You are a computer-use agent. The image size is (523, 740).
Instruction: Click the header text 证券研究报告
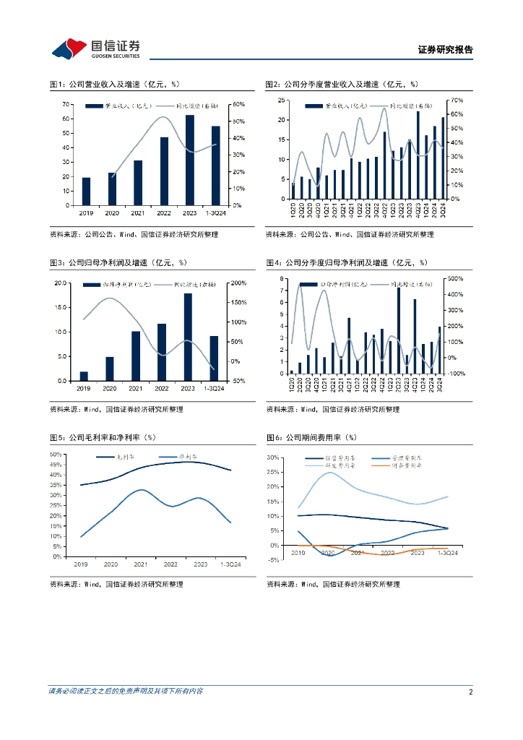coord(445,50)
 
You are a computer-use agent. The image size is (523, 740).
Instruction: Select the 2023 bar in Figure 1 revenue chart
coord(190,160)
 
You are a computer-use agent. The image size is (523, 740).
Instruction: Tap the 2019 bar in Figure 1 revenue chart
coord(86,192)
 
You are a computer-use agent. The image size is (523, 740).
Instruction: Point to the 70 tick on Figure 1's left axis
coord(66,104)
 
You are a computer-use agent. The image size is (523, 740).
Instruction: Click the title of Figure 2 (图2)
coord(342,85)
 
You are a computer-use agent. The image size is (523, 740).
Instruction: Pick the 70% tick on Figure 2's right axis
coord(456,99)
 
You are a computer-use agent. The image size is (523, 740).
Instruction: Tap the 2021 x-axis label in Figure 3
coord(136,389)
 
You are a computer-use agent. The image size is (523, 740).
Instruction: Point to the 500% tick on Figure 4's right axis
coord(455,278)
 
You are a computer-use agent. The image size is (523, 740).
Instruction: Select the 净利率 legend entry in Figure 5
coord(189,457)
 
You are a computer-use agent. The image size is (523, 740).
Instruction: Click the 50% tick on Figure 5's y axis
coord(56,454)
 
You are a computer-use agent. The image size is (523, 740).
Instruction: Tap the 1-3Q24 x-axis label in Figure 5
coord(230,564)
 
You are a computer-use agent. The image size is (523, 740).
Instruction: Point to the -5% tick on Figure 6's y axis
coord(273,560)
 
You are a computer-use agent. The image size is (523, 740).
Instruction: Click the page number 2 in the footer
coord(470,692)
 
